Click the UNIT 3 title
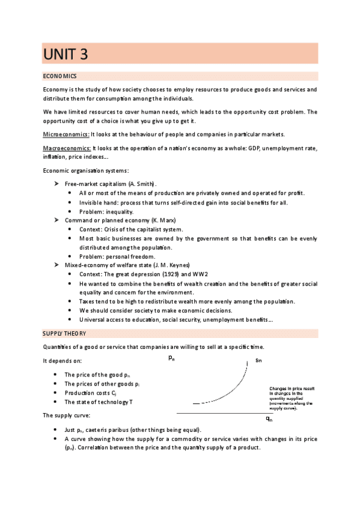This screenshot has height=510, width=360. point(66,54)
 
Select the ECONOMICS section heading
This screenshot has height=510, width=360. point(59,76)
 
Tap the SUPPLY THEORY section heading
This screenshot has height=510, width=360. point(64,333)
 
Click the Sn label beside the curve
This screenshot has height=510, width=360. point(258,361)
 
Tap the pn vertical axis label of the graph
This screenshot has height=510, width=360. point(172,359)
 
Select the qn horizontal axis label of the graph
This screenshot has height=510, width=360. point(269,419)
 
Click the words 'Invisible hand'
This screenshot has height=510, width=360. point(100,202)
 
